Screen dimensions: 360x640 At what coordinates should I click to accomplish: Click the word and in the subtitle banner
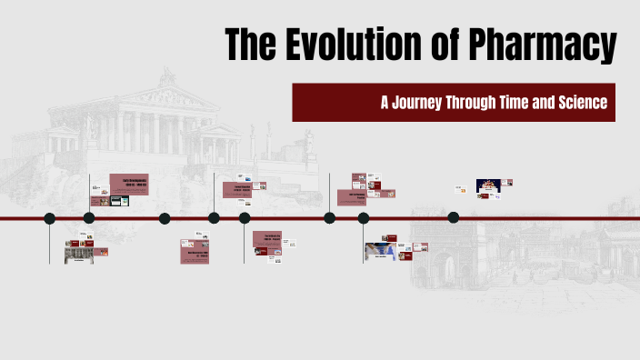(x=549, y=103)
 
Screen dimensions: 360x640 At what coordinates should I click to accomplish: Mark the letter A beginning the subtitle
(x=385, y=103)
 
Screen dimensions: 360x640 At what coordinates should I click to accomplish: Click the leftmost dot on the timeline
(x=50, y=218)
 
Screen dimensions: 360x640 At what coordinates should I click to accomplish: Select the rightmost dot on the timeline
(x=454, y=217)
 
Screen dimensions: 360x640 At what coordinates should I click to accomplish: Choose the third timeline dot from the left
(x=165, y=218)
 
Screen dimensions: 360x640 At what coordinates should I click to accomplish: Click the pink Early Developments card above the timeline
(x=129, y=182)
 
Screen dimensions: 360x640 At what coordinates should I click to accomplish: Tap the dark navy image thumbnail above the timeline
(x=488, y=185)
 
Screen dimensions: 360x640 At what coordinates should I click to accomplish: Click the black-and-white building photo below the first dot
(x=78, y=255)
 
